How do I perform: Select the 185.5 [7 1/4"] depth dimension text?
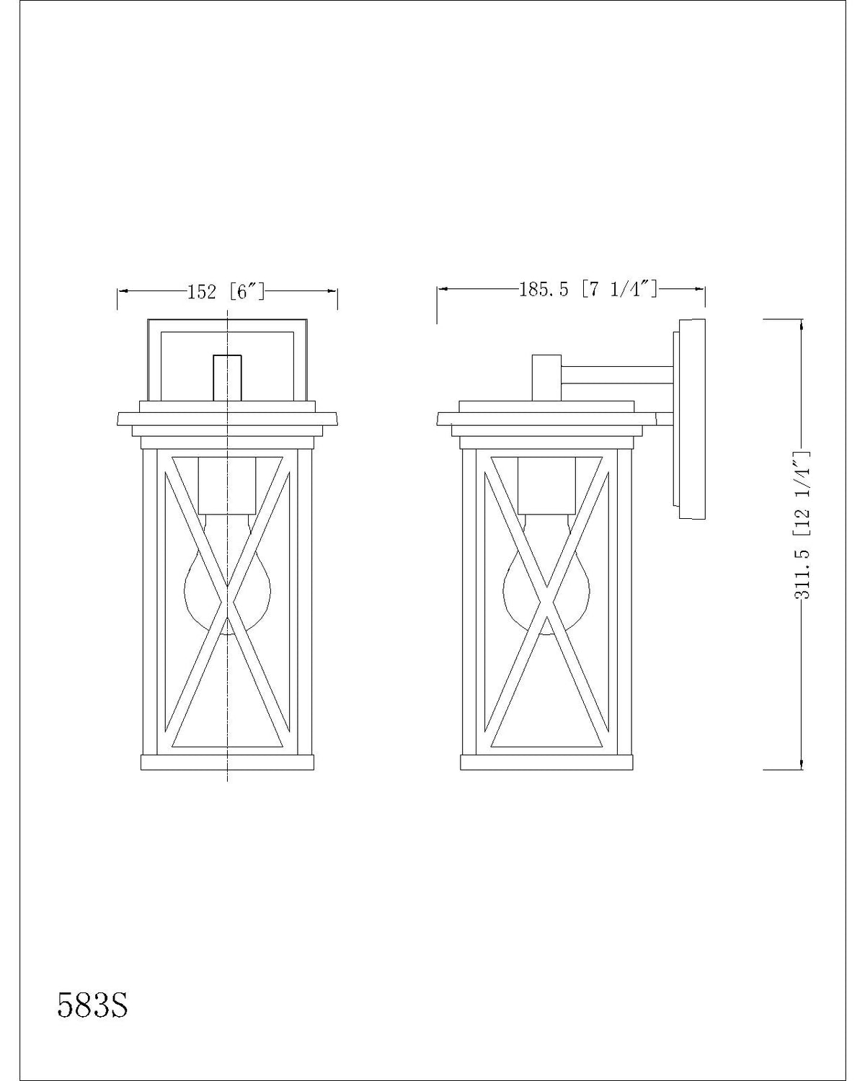(588, 289)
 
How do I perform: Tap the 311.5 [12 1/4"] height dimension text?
(801, 525)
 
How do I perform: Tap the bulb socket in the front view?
(227, 485)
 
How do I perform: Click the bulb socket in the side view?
(546, 485)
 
